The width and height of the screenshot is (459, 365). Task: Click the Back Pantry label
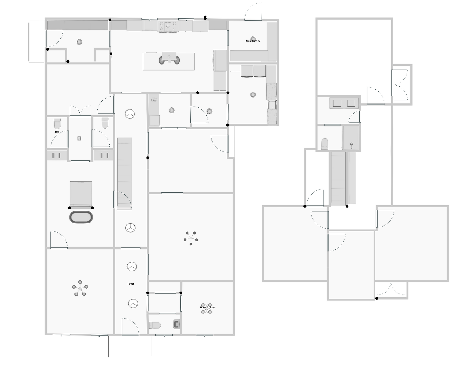(253, 41)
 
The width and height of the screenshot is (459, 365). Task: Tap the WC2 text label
(57, 132)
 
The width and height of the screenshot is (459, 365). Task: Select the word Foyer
(131, 284)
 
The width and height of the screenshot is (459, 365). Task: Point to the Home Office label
(207, 307)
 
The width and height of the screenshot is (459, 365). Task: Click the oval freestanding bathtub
(81, 217)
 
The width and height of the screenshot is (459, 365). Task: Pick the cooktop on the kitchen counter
(168, 26)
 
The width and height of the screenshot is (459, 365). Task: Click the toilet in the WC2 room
(57, 123)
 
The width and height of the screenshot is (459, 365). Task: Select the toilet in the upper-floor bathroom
(325, 144)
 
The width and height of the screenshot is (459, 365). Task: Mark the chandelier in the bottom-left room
(80, 288)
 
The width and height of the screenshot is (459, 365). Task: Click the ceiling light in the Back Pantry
(253, 38)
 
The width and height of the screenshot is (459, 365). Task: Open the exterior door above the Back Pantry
(253, 12)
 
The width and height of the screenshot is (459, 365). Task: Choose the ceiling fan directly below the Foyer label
(133, 304)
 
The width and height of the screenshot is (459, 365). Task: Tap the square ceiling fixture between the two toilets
(79, 138)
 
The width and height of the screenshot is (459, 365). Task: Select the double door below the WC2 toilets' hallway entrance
(80, 111)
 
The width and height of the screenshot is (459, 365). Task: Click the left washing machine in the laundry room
(247, 71)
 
